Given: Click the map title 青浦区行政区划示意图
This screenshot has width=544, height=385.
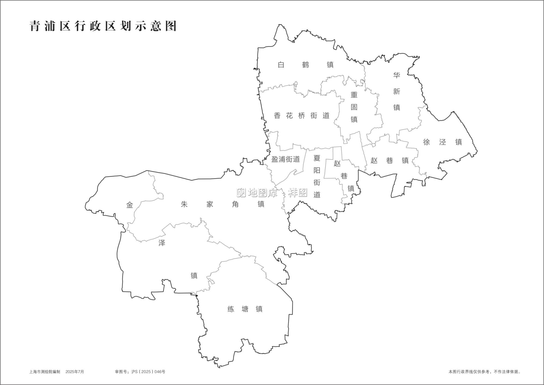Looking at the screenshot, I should click(103, 26).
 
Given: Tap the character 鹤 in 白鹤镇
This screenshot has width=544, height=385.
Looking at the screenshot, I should click(305, 65).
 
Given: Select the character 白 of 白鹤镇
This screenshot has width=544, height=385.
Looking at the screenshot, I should click(281, 65).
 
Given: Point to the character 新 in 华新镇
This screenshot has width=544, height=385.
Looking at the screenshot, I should click(397, 91).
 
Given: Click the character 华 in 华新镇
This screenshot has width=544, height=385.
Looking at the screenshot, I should click(397, 75).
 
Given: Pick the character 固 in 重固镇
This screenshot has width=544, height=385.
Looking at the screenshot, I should click(354, 107).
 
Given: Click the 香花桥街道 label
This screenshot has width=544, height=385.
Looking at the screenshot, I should click(302, 116).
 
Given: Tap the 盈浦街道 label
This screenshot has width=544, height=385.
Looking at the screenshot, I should click(285, 159).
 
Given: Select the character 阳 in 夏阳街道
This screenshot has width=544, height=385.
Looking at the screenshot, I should click(317, 171).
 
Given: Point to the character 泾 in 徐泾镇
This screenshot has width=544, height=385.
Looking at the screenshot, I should click(442, 142).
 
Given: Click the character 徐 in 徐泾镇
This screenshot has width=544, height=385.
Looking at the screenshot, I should click(426, 142).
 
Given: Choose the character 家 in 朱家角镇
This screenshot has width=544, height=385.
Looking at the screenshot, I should click(210, 204).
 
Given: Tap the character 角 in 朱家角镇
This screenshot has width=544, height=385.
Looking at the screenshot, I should click(235, 204).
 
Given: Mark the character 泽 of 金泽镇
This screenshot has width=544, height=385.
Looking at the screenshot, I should click(162, 243).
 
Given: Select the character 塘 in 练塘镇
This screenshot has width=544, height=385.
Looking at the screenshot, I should click(245, 309).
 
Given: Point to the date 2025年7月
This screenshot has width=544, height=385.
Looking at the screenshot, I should click(75, 372).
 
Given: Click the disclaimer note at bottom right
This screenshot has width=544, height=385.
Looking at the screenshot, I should click(485, 372).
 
